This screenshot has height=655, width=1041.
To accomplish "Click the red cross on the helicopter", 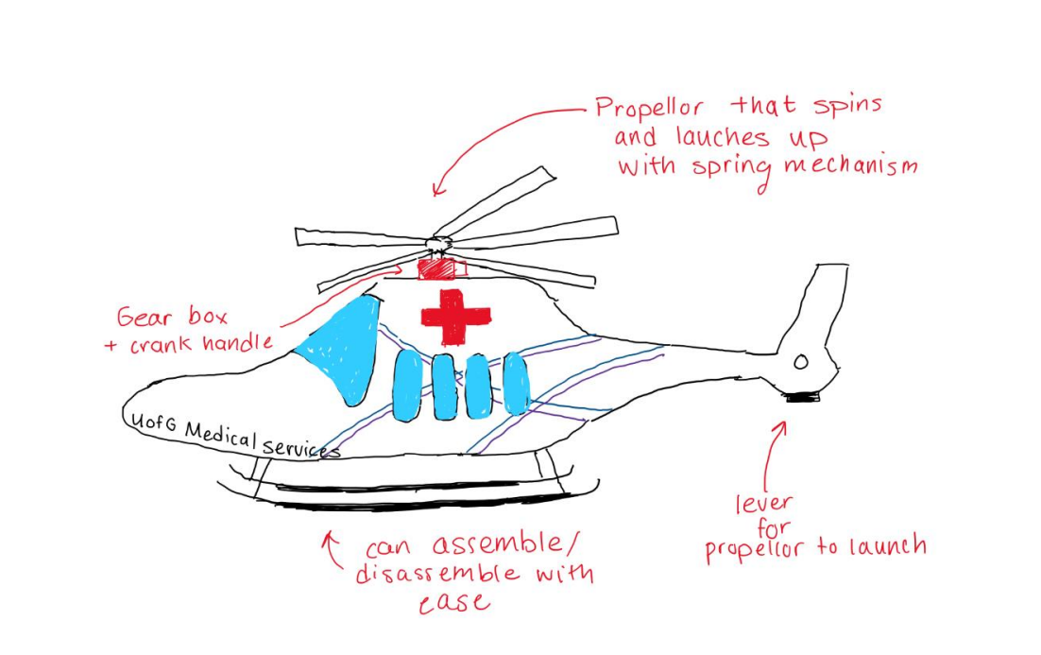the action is pos(455,318).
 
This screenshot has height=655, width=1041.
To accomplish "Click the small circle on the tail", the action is pos(801,362).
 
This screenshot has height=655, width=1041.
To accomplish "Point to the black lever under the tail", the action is pos(803,397).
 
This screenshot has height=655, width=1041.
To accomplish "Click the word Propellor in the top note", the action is pos(649,109).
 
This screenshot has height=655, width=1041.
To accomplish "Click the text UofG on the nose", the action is pos(153,422).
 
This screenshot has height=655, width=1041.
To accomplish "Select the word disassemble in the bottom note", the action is pos(437,574).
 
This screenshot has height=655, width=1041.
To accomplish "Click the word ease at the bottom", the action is pos(454,603).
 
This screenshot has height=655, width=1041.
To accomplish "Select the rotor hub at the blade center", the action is pos(438,243).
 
